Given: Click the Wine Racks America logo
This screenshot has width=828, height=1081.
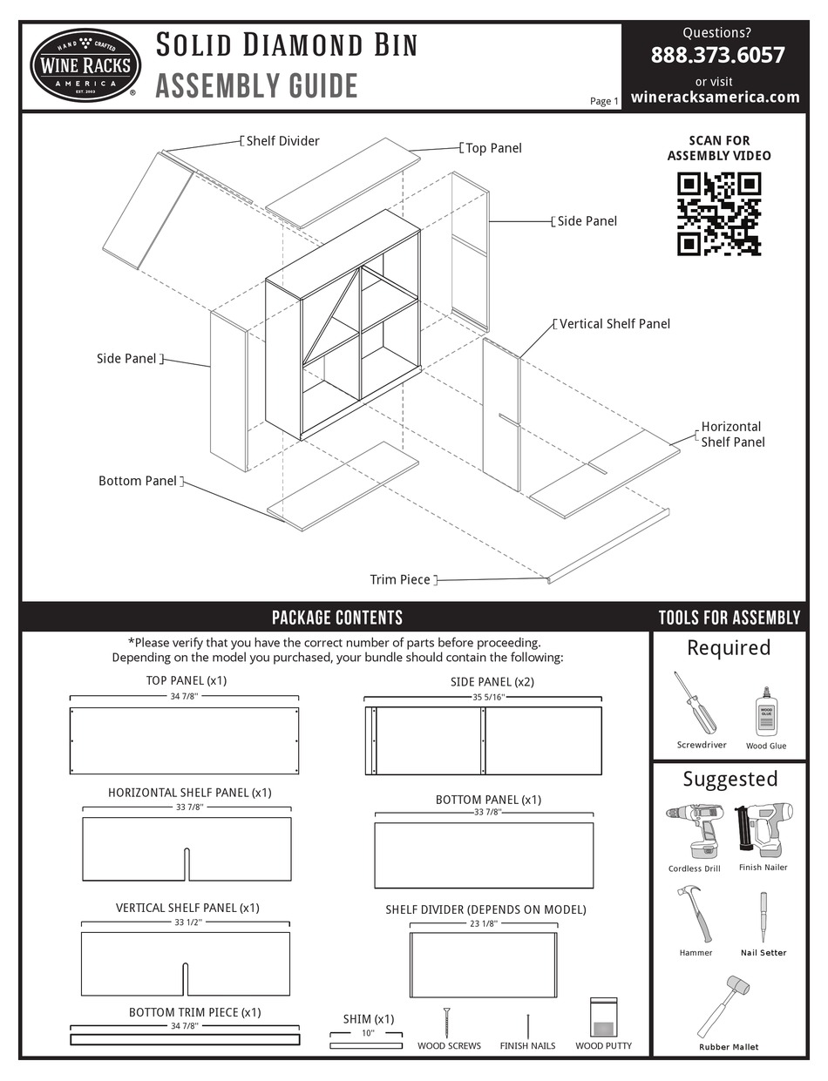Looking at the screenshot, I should click(x=85, y=65).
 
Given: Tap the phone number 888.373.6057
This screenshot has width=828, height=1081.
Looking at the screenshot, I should click(x=717, y=55).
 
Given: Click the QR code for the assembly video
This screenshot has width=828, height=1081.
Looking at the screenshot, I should click(x=719, y=214).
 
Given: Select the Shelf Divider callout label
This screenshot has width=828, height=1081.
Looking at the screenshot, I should click(x=282, y=141).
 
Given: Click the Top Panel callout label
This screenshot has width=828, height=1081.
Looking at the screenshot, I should click(x=493, y=148).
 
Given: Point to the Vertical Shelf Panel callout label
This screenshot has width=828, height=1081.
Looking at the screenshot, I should click(x=614, y=324).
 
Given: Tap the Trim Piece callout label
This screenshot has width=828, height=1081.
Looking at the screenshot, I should click(x=400, y=579).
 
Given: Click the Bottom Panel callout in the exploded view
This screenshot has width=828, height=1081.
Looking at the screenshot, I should click(x=138, y=481).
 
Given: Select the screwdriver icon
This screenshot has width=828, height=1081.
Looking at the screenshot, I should click(x=696, y=702).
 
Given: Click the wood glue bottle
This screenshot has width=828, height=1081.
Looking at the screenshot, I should click(x=766, y=712).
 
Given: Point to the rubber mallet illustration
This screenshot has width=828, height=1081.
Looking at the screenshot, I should click(x=724, y=1006).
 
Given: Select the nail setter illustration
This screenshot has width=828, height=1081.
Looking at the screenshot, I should click(x=764, y=916).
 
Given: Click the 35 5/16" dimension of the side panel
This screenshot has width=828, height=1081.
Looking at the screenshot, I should click(x=483, y=697).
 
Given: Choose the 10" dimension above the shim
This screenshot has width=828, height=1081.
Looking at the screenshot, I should click(x=366, y=1033).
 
